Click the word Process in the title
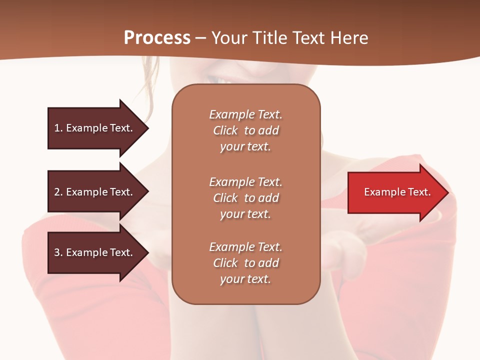[x=157, y=38]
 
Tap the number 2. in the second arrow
[x=58, y=192]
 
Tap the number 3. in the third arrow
[x=58, y=252]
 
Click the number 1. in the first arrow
[x=58, y=128]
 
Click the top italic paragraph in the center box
[x=245, y=130]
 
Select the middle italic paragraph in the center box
[x=245, y=198]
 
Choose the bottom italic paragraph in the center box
[x=245, y=263]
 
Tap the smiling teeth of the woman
[x=220, y=79]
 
